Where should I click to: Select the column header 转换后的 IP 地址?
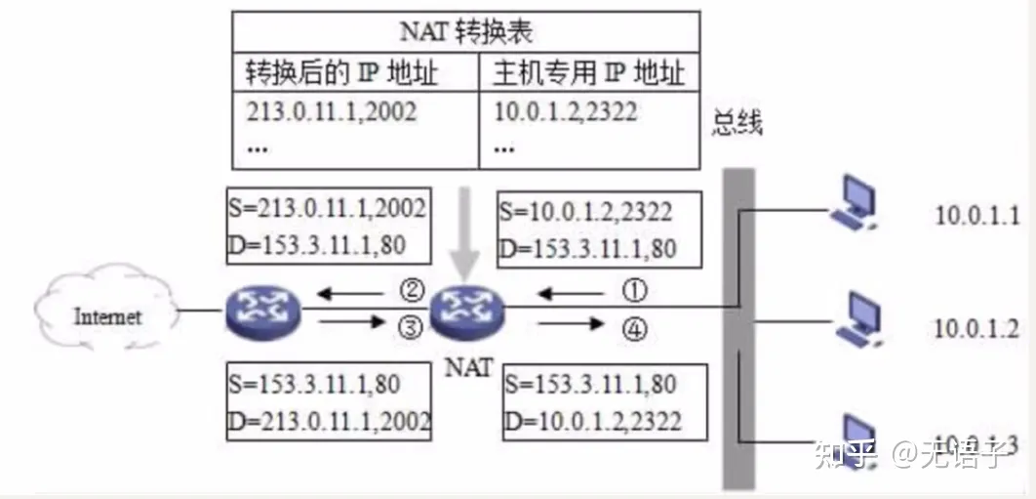341,72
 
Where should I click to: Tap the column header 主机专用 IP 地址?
589,72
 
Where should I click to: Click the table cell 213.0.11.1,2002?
332,111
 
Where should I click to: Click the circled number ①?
634,291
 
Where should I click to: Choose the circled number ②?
410,290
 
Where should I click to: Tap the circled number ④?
634,331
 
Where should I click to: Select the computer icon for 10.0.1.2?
858,322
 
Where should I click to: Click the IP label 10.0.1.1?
976,215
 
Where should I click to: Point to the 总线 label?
737,124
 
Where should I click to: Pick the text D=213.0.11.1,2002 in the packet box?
328,420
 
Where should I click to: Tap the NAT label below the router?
468,368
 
